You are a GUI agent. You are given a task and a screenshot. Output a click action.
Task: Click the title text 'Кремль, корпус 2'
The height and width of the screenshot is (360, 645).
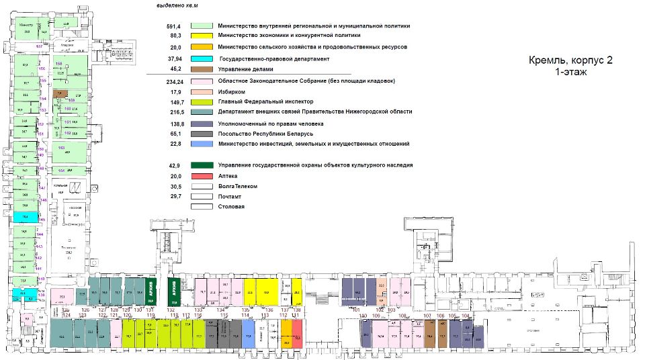[x=570, y=60]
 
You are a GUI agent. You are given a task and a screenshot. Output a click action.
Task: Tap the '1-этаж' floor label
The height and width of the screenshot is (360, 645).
[x=570, y=71]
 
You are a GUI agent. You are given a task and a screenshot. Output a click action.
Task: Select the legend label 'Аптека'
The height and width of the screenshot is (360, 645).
[x=229, y=175]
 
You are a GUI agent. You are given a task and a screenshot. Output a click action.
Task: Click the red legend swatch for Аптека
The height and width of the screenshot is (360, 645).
[x=202, y=175]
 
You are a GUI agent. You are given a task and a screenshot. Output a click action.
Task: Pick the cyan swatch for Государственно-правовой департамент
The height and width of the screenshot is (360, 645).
[x=202, y=59]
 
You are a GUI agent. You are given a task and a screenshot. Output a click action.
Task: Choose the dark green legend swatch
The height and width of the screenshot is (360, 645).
[x=202, y=165]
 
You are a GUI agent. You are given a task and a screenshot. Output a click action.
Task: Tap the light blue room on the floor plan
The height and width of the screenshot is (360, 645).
[x=248, y=333]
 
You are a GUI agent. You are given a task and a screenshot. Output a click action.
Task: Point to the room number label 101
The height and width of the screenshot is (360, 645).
[x=356, y=310]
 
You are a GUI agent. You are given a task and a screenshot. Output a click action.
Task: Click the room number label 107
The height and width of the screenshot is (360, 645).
[x=427, y=316]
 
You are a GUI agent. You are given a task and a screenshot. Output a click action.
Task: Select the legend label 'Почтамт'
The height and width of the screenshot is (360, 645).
[x=230, y=196]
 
